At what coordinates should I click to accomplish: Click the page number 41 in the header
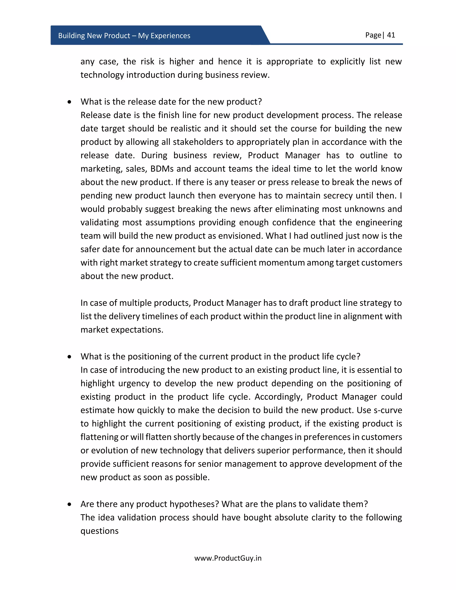click(x=391, y=35)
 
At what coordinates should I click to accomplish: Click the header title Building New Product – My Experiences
click(x=124, y=36)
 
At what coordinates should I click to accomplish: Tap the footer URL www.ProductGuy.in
click(x=228, y=558)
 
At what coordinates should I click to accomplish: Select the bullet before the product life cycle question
click(x=70, y=357)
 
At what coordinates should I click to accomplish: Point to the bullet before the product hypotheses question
click(x=70, y=504)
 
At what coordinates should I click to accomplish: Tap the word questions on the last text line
click(x=99, y=531)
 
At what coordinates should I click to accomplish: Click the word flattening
click(x=99, y=437)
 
